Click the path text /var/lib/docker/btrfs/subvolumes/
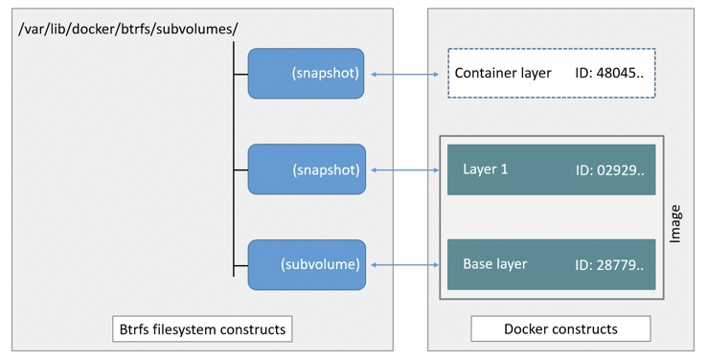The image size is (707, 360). click(x=127, y=30)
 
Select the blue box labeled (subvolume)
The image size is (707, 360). click(x=307, y=265)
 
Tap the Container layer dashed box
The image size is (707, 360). click(x=552, y=73)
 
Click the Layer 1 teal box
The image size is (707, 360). click(x=552, y=169)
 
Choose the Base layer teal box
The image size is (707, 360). click(x=552, y=264)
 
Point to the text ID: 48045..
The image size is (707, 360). click(x=609, y=73)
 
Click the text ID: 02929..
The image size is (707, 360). click(x=609, y=170)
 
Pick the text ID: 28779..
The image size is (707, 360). click(x=609, y=265)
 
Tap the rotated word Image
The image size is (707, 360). click(x=674, y=224)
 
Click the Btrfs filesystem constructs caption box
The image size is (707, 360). click(x=202, y=329)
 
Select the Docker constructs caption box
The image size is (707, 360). click(x=560, y=329)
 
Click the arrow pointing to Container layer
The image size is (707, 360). click(x=405, y=75)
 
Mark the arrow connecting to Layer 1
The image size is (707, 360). click(x=405, y=169)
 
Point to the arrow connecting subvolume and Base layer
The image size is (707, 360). click(x=405, y=265)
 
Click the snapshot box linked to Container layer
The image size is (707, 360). click(x=306, y=74)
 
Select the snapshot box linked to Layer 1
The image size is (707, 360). click(x=307, y=169)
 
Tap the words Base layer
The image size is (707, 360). click(x=494, y=264)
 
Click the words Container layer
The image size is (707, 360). click(x=503, y=73)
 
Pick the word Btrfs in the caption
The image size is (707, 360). click(x=133, y=329)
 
